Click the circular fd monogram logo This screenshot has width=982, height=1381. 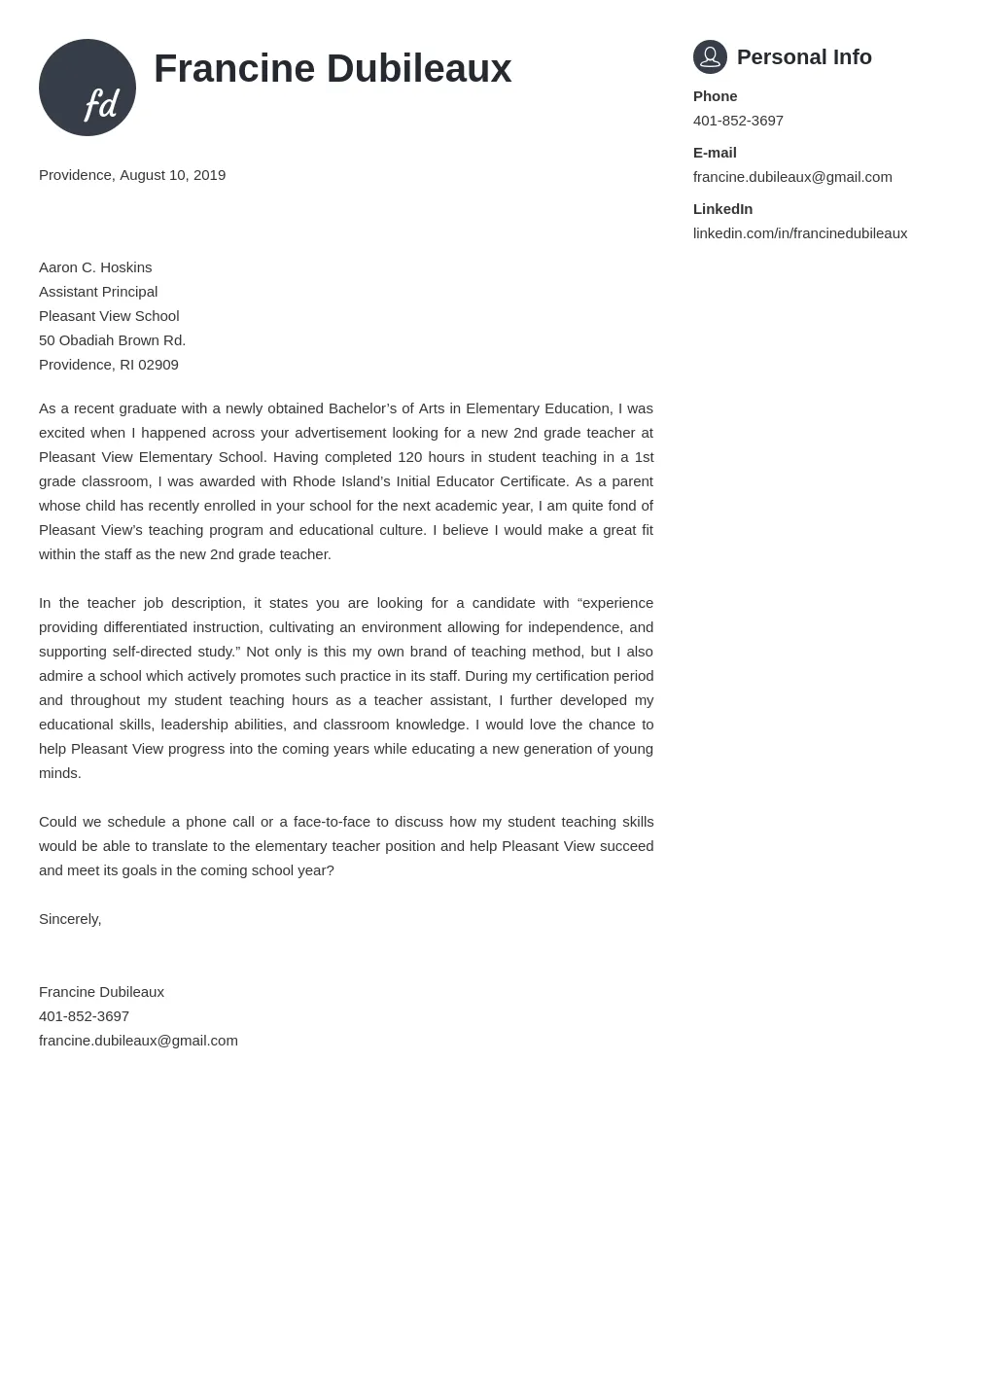click(x=88, y=88)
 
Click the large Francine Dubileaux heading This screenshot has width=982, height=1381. click(x=333, y=69)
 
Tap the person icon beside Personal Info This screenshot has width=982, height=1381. click(x=710, y=57)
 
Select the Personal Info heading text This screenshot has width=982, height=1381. click(x=804, y=57)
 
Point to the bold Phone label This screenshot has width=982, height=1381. click(x=715, y=96)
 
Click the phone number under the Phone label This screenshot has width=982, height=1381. click(x=738, y=121)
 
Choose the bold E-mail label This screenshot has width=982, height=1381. click(x=715, y=153)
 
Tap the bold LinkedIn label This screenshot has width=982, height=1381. click(x=722, y=209)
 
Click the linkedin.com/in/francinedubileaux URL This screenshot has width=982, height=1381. click(x=799, y=233)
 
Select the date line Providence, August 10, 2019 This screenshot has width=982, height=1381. click(x=132, y=175)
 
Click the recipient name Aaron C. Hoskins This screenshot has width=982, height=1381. click(x=95, y=267)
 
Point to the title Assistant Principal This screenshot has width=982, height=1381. click(x=98, y=292)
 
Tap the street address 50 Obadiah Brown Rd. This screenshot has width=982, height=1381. click(x=112, y=340)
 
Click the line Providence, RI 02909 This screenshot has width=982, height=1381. click(x=109, y=365)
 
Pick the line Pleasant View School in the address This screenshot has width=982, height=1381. click(x=109, y=316)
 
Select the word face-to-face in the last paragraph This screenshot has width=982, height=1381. click(x=332, y=822)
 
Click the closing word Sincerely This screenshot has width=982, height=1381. click(x=69, y=919)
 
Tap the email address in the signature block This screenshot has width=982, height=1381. click(x=138, y=1041)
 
